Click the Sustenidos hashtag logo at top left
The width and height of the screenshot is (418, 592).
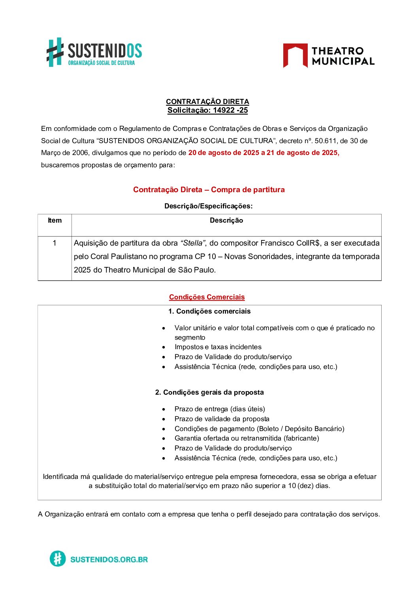click(x=55, y=52)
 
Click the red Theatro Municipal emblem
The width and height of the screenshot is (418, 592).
click(x=295, y=55)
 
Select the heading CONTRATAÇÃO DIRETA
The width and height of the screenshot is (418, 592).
click(x=207, y=102)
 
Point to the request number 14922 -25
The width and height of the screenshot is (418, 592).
click(x=230, y=110)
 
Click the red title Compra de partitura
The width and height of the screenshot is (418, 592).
click(x=248, y=189)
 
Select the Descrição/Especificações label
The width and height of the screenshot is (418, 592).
click(x=208, y=206)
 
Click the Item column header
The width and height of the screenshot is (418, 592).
click(x=55, y=221)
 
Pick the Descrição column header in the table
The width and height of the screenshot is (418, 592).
click(x=226, y=221)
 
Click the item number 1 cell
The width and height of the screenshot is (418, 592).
click(x=55, y=243)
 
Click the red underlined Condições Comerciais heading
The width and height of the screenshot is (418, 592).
click(x=207, y=297)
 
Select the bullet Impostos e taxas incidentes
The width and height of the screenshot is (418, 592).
click(x=218, y=347)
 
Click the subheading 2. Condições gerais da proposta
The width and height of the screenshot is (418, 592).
click(x=209, y=392)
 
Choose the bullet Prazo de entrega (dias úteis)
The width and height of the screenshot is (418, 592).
click(x=220, y=409)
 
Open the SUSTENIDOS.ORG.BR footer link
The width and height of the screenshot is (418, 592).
click(x=109, y=559)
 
